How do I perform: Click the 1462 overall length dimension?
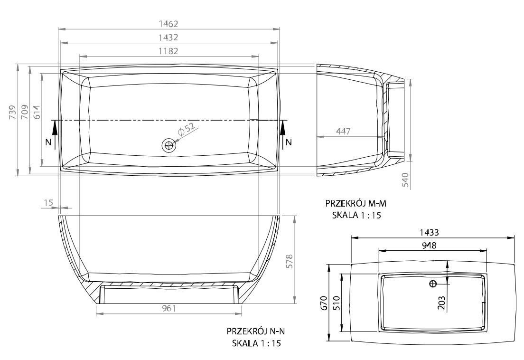pyautogui.click(x=168, y=24)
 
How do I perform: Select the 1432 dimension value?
pyautogui.click(x=168, y=38)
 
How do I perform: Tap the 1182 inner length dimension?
pyautogui.click(x=168, y=51)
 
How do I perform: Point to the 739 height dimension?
pyautogui.click(x=12, y=113)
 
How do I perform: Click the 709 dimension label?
pyautogui.click(x=24, y=113)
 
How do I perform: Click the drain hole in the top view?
pyautogui.click(x=169, y=145)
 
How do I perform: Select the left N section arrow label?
pyautogui.click(x=49, y=142)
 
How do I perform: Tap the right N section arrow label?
pyautogui.click(x=289, y=142)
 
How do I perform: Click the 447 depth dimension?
pyautogui.click(x=344, y=131)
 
